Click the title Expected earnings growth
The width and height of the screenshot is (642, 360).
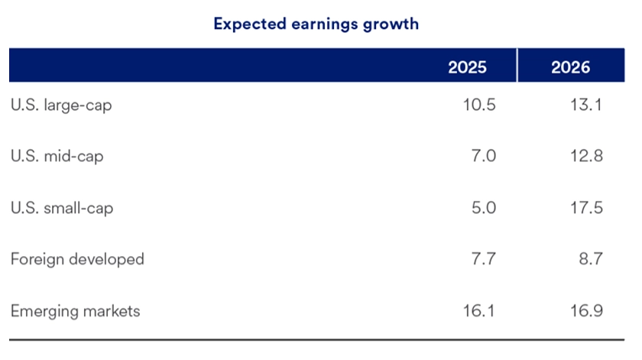(x=316, y=24)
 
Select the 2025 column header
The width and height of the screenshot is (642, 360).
(x=467, y=67)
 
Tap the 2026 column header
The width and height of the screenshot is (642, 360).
(x=570, y=67)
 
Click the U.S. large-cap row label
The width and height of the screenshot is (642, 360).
(x=61, y=105)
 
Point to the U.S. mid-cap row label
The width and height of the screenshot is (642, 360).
(x=57, y=156)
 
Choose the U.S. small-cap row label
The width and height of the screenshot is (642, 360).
(x=62, y=208)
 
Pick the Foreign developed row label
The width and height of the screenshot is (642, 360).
(x=77, y=259)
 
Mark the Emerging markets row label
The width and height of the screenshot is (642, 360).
(x=76, y=311)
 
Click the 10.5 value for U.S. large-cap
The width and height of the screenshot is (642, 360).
(x=478, y=105)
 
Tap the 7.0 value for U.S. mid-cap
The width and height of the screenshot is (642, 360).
(x=484, y=156)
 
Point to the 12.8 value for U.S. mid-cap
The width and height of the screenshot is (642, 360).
(x=585, y=156)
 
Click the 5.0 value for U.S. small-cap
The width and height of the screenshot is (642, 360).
(x=484, y=208)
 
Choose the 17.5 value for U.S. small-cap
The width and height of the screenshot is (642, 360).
(x=585, y=208)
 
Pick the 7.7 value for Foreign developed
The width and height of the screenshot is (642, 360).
(x=484, y=259)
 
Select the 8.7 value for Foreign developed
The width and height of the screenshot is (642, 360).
(x=591, y=259)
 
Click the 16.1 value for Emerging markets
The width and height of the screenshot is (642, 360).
(x=478, y=311)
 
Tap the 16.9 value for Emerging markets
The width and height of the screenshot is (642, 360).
(x=585, y=311)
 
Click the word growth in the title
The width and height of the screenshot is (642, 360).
(x=392, y=24)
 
